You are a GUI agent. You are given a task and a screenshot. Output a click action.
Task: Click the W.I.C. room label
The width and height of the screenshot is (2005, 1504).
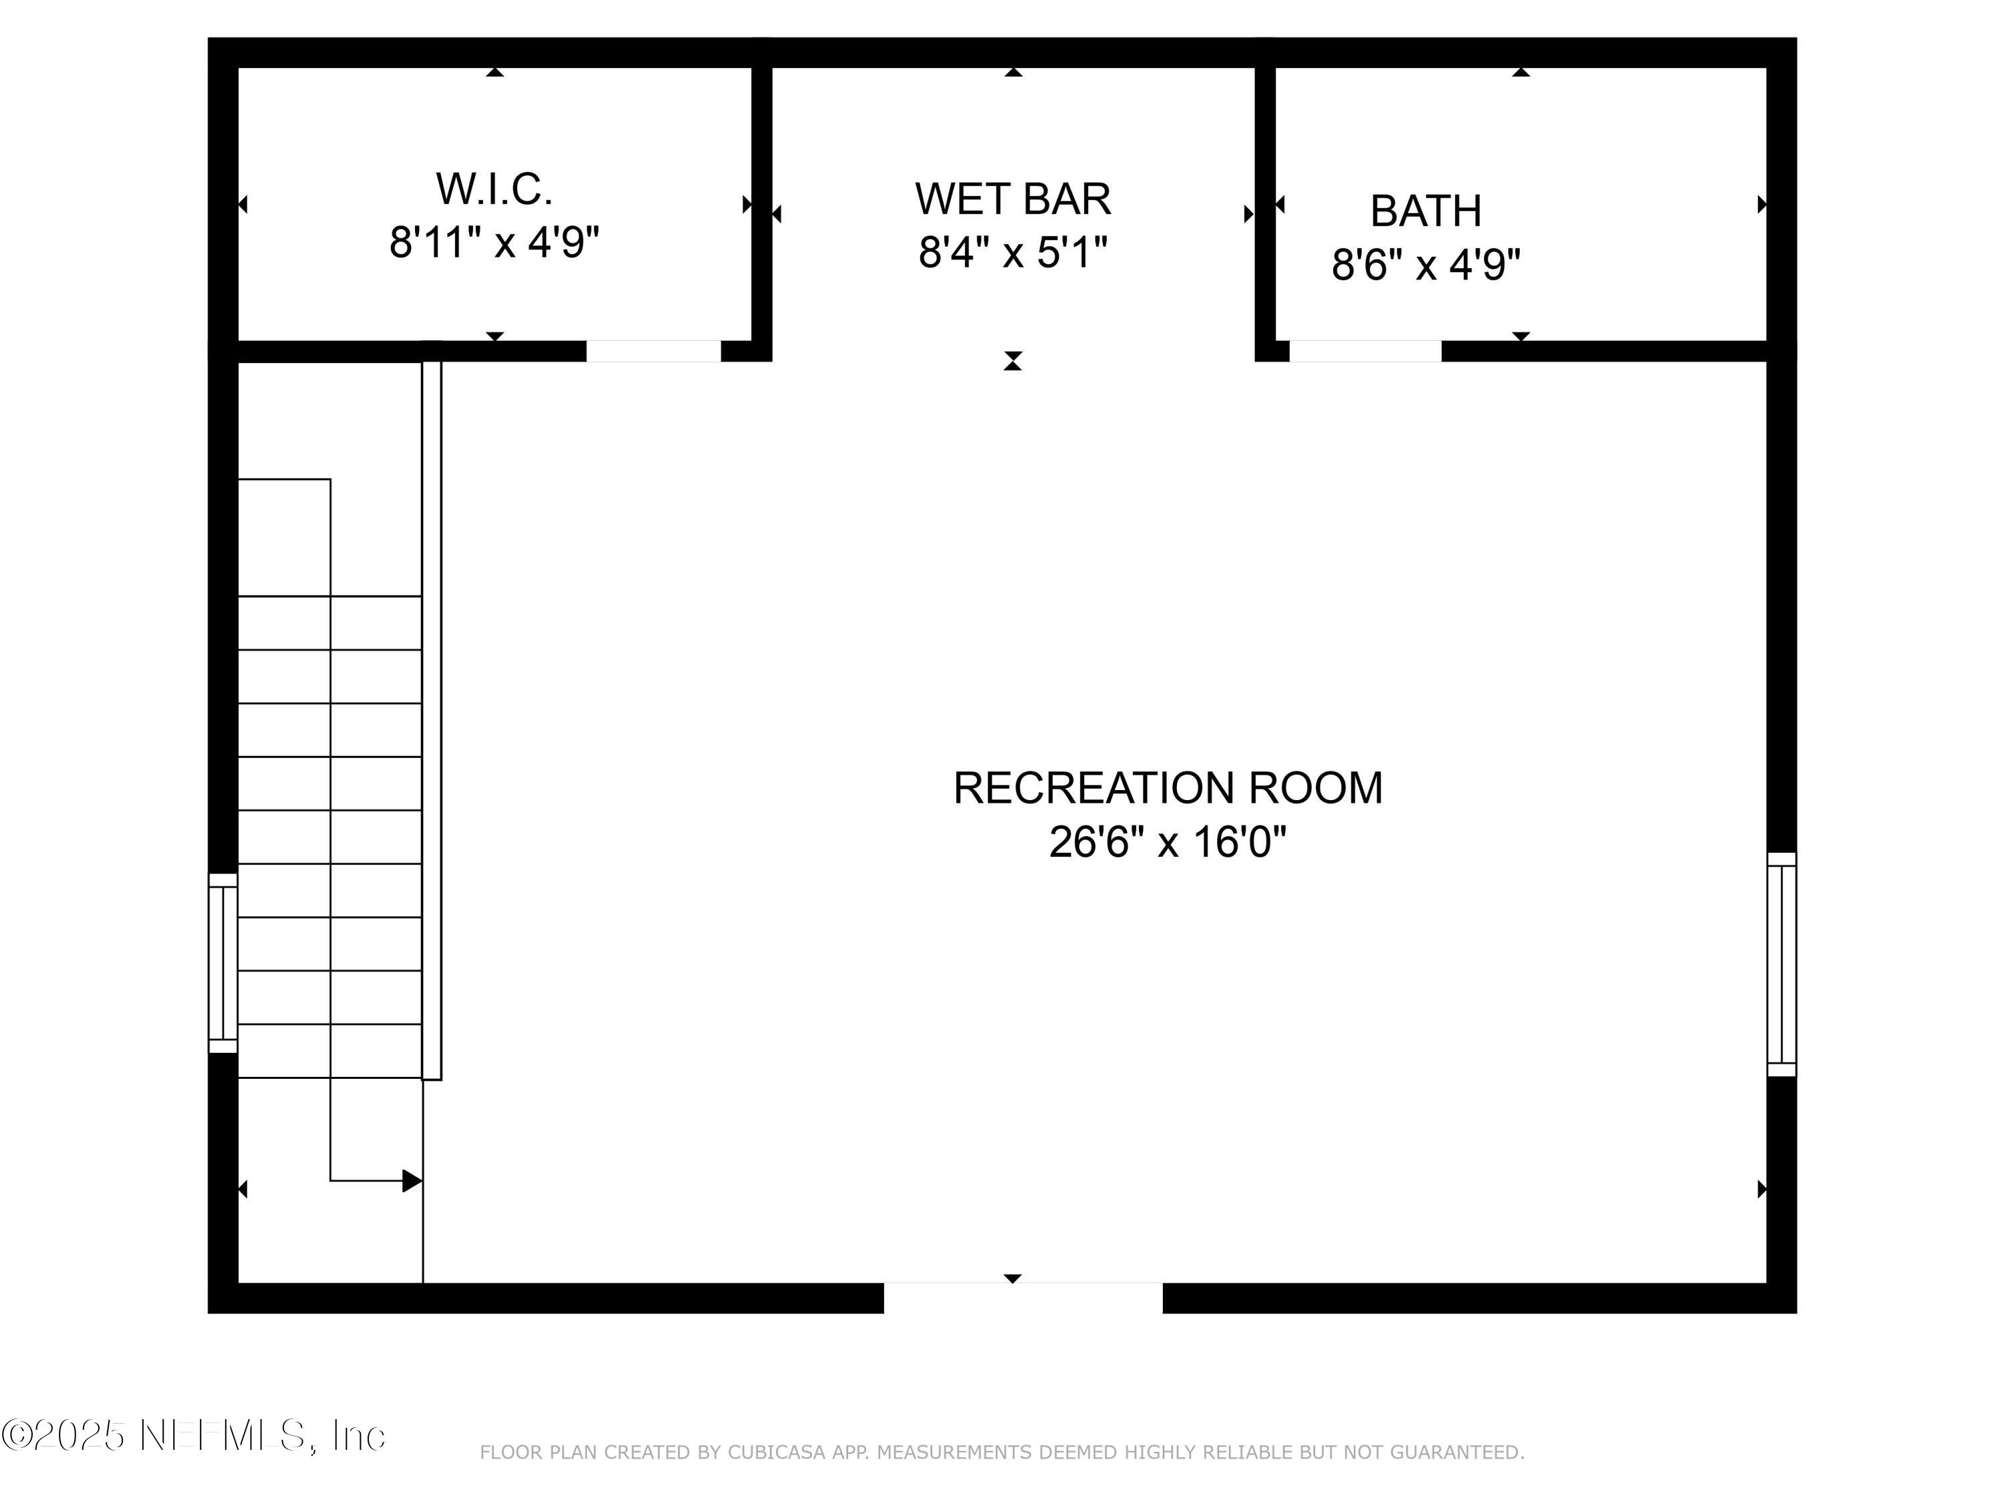click(x=494, y=189)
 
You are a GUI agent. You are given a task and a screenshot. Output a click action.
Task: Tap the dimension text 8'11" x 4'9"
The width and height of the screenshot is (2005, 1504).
click(x=494, y=243)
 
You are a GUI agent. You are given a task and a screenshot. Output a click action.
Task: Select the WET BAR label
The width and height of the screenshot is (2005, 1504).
click(x=1013, y=199)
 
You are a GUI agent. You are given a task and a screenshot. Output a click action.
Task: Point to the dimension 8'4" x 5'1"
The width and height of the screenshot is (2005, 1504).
click(x=1013, y=252)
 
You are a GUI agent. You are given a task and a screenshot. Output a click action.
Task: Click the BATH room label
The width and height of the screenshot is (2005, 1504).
click(x=1426, y=211)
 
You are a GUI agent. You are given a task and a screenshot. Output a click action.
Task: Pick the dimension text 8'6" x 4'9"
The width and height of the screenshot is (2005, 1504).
click(x=1426, y=265)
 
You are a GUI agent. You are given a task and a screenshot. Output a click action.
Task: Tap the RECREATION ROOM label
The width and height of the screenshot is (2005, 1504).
click(x=1168, y=788)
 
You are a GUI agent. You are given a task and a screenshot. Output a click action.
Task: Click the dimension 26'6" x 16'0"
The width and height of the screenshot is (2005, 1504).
click(x=1168, y=842)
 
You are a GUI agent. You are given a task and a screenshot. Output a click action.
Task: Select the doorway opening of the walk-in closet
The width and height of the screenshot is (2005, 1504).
click(x=654, y=352)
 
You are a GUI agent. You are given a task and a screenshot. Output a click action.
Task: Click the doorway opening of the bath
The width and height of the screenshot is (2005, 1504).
click(x=1365, y=352)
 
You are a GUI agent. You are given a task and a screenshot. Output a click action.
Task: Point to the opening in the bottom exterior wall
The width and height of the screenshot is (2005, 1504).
click(x=1023, y=1298)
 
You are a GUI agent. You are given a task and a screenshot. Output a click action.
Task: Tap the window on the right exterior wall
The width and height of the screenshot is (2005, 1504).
click(x=1781, y=965)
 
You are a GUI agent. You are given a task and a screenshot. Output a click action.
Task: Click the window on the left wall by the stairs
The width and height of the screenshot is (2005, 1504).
click(x=223, y=963)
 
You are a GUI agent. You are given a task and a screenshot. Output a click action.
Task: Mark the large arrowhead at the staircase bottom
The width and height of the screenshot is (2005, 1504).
click(x=412, y=1181)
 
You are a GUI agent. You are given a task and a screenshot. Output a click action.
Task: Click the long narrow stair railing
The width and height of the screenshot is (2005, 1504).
click(x=432, y=721)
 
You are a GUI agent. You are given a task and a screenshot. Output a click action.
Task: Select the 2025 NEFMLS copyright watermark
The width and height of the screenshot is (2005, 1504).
click(x=193, y=1435)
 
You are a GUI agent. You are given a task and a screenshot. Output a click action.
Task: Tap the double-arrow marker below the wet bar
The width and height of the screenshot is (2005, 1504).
click(x=1013, y=361)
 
